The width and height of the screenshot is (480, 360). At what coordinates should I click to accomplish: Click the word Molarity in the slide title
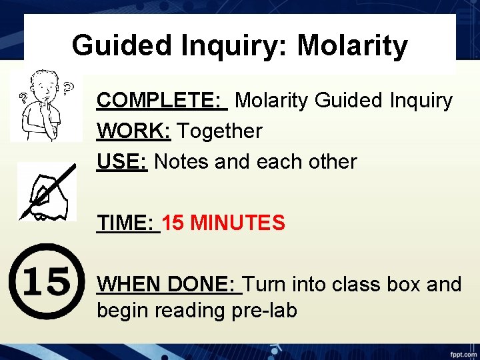point(352,46)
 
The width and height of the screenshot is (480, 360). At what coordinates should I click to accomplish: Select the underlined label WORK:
point(134,131)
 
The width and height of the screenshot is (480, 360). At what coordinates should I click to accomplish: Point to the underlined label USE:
point(123,161)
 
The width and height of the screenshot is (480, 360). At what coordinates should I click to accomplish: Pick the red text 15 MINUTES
point(223,223)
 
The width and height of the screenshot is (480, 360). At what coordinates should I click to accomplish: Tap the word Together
point(219,131)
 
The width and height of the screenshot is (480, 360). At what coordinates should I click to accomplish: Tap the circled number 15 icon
point(46,281)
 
